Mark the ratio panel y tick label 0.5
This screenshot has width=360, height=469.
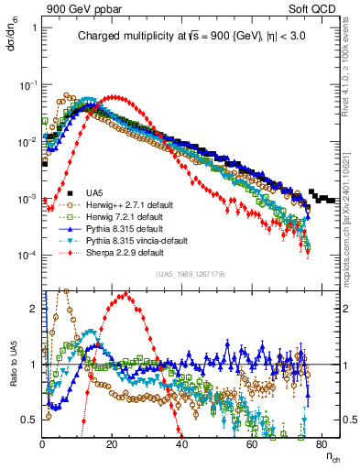point(30,420)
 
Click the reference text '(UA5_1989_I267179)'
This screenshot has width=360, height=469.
point(191,274)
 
